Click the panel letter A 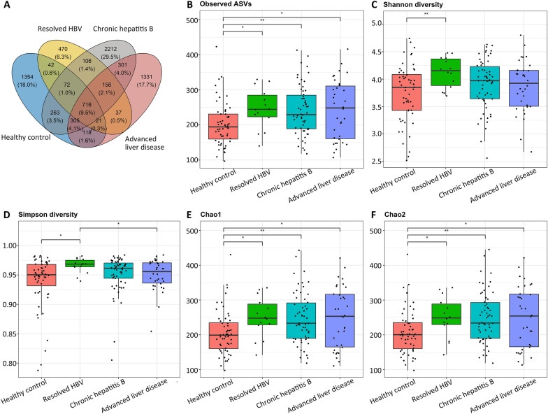[7, 6]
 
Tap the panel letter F [369, 214]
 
